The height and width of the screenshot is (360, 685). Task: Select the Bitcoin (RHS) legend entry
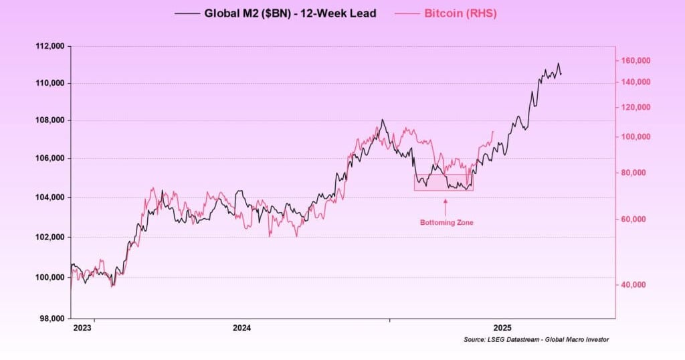click(x=460, y=13)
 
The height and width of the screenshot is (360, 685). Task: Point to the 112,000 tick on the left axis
click(x=50, y=46)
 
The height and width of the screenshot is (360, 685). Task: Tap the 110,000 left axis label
click(x=50, y=83)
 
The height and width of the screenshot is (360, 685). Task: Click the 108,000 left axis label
click(x=50, y=120)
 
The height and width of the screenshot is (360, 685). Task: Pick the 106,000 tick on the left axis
click(x=50, y=159)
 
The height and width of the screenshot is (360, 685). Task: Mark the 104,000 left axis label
click(x=50, y=197)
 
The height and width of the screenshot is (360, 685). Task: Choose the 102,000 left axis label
click(x=50, y=237)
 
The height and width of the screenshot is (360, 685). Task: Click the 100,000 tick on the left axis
click(x=50, y=277)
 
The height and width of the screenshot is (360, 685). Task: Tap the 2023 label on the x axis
click(x=82, y=328)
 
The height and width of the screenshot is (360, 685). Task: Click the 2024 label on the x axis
click(x=242, y=328)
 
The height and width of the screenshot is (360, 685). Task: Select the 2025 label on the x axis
click(x=503, y=328)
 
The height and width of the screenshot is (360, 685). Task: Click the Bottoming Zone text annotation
click(x=446, y=222)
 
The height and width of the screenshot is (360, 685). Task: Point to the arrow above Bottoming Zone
click(x=446, y=204)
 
